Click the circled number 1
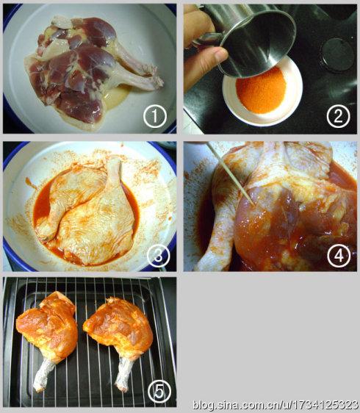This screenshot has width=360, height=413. point(155,116)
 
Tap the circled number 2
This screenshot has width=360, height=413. point(339,116)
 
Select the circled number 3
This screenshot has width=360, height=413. point(158,256)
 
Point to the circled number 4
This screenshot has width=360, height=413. point(339,256)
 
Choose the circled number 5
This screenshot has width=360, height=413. point(159,392)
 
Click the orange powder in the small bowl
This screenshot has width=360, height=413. point(261,90)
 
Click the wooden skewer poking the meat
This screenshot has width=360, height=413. point(231,173)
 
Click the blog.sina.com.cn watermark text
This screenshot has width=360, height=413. point(276,405)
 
